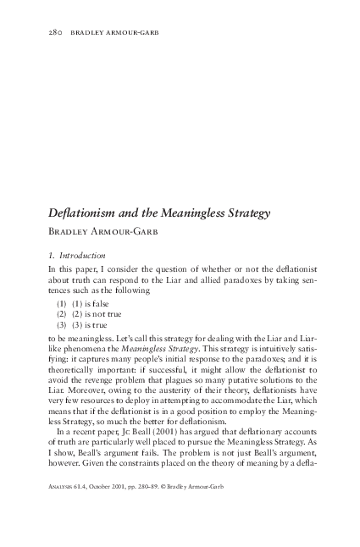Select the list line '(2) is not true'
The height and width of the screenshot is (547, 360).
click(x=102, y=314)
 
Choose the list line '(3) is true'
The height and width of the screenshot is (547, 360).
click(x=96, y=325)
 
